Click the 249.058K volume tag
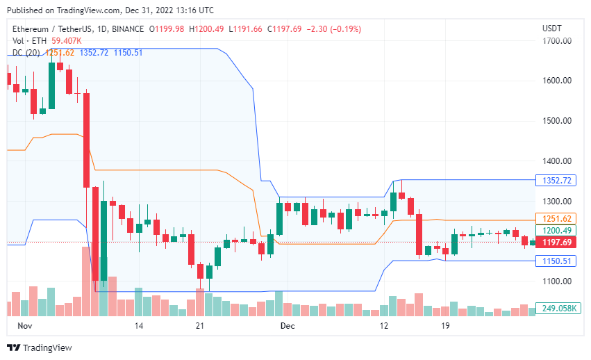coord(558,308)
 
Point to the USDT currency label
coord(552,28)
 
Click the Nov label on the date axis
coord(25,325)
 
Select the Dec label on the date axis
coord(287,325)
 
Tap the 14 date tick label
coord(139,325)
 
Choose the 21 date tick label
coord(199,325)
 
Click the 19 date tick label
coord(445,325)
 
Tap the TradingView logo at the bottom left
coord(39,347)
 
